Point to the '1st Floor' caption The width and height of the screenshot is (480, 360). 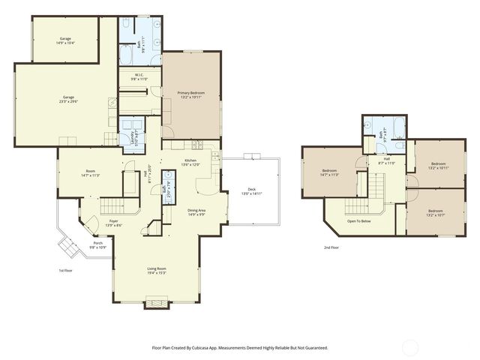coord(65,270)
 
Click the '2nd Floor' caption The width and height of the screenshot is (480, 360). coord(331,247)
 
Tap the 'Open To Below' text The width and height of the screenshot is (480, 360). coord(361,221)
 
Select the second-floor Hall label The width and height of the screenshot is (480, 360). coord(387,160)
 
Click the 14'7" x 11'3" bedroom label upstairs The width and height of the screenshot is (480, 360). coord(330,174)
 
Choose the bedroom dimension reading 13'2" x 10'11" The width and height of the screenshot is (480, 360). coord(438,168)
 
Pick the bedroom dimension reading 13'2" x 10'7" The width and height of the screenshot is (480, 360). coord(436,214)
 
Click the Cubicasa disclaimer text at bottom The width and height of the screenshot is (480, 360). coord(240,348)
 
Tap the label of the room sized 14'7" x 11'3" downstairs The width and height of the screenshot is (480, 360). coord(91,173)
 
